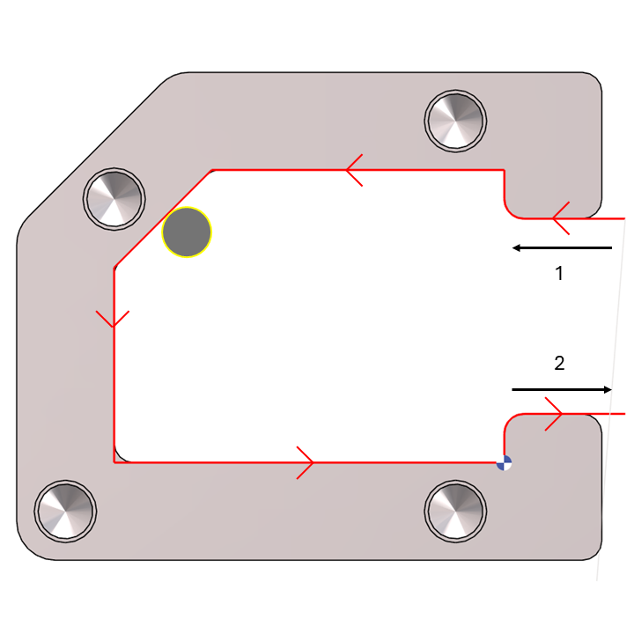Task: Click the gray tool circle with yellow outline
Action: (187, 232)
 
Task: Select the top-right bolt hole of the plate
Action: (455, 120)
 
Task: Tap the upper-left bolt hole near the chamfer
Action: (114, 197)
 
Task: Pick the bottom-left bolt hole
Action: (65, 511)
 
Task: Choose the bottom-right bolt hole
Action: (455, 511)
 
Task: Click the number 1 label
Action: (558, 274)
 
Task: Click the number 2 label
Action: (558, 362)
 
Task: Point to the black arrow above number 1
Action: (562, 248)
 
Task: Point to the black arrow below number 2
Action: (562, 389)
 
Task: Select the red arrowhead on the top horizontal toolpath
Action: (353, 170)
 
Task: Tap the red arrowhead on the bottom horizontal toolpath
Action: (305, 462)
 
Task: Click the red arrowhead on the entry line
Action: (559, 217)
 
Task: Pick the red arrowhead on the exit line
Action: (554, 413)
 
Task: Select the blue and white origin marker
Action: (504, 463)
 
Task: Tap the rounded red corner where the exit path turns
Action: (508, 420)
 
